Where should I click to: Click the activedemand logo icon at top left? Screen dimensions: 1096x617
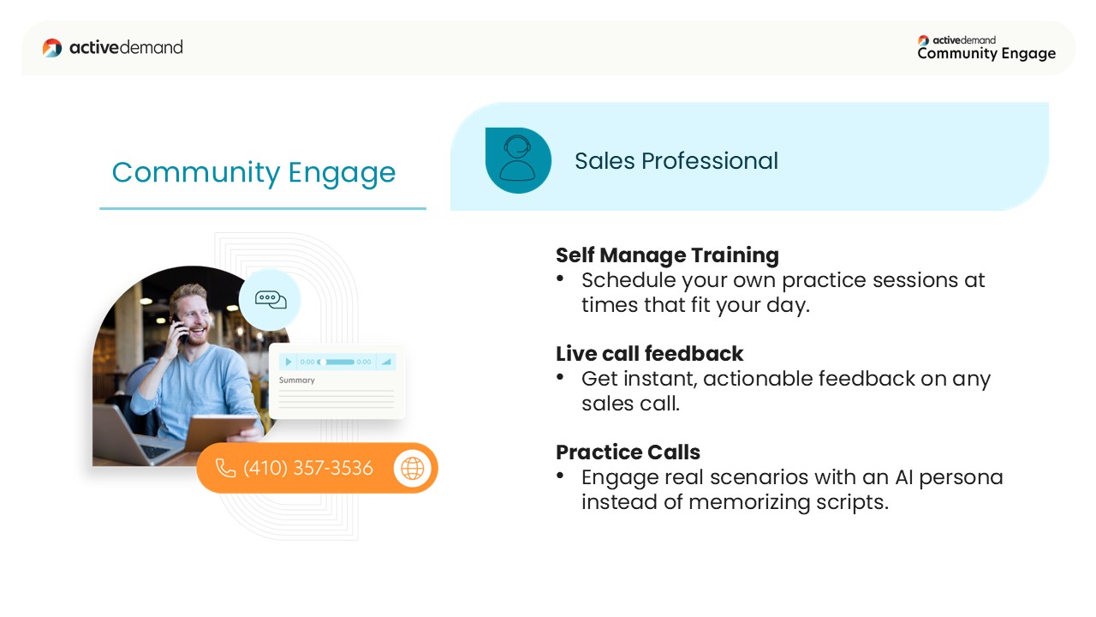pyautogui.click(x=52, y=47)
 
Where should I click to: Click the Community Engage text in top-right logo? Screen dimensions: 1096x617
pyautogui.click(x=986, y=53)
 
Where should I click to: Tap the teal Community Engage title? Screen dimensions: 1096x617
pyautogui.click(x=253, y=173)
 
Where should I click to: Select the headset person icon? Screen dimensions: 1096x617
pyautogui.click(x=518, y=160)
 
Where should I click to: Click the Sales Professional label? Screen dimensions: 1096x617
pyautogui.click(x=676, y=160)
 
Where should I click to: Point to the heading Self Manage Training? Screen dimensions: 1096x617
pyautogui.click(x=667, y=255)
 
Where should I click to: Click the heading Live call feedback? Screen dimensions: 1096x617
pyautogui.click(x=649, y=354)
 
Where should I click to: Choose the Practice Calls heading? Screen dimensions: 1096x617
pyautogui.click(x=628, y=452)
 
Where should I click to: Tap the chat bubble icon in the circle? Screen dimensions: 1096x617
pyautogui.click(x=271, y=299)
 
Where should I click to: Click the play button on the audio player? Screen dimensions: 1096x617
pyautogui.click(x=289, y=362)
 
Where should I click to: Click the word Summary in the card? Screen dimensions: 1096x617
pyautogui.click(x=296, y=380)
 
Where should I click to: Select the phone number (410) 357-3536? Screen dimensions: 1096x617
pyautogui.click(x=308, y=468)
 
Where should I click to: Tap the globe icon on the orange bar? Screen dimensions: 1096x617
pyautogui.click(x=413, y=468)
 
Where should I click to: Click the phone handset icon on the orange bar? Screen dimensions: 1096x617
pyautogui.click(x=225, y=468)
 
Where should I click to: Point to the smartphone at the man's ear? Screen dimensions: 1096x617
pyautogui.click(x=180, y=328)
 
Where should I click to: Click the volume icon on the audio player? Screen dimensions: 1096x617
pyautogui.click(x=386, y=362)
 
